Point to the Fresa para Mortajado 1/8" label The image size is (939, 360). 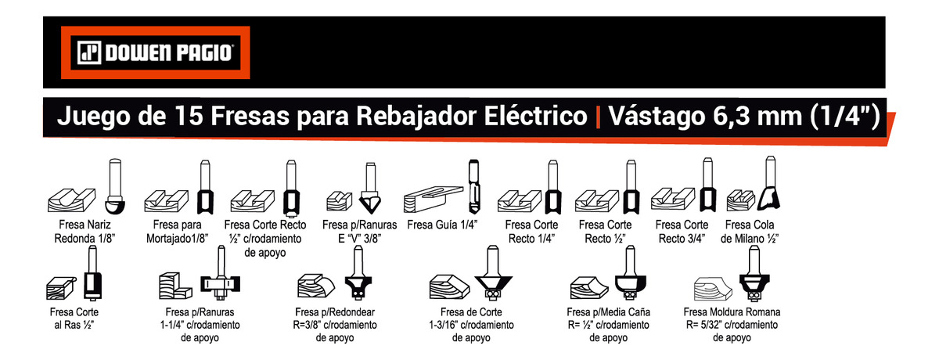pyautogui.click(x=178, y=231)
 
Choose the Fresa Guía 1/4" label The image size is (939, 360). pyautogui.click(x=443, y=225)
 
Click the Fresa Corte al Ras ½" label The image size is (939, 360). pyautogui.click(x=72, y=317)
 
